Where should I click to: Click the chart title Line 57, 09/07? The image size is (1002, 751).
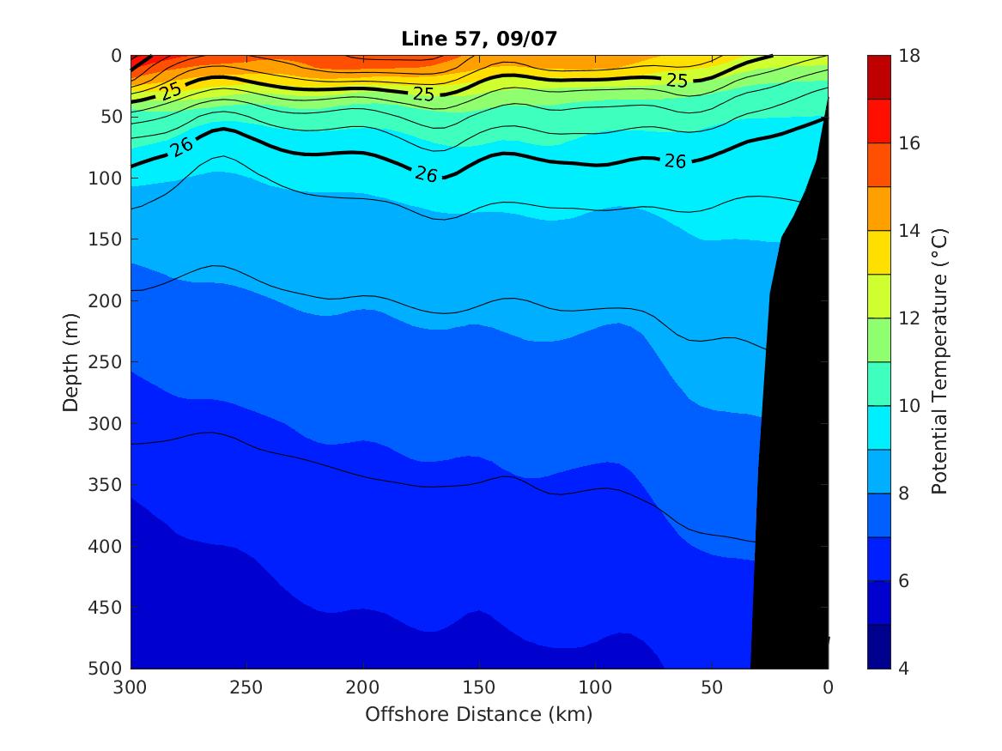(479, 39)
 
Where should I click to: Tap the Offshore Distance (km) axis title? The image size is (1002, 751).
(479, 714)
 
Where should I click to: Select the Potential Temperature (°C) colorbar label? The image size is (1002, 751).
(939, 361)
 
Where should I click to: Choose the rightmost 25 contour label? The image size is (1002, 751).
(677, 81)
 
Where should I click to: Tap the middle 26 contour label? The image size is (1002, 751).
(426, 174)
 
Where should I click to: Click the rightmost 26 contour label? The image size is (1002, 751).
(675, 160)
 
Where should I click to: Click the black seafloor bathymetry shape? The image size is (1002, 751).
(794, 429)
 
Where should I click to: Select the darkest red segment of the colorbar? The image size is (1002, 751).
(879, 76)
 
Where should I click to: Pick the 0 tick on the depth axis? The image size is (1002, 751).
(118, 56)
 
